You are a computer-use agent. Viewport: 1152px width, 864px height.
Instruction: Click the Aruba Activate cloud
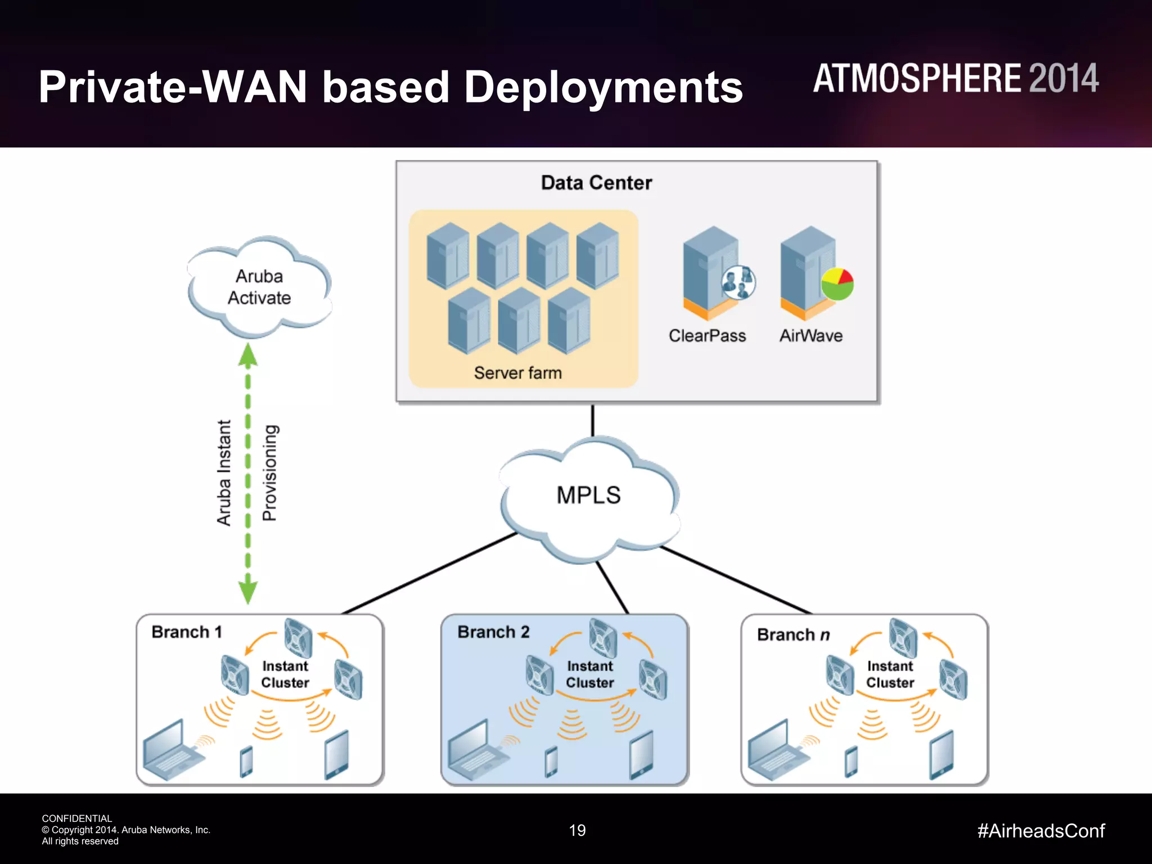(x=259, y=287)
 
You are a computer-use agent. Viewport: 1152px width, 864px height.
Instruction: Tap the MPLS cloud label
(x=588, y=495)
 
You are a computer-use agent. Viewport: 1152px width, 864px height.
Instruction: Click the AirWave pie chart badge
(x=837, y=284)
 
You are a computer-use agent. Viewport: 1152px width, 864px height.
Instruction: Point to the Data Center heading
(x=596, y=183)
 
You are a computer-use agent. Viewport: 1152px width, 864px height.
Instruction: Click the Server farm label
(x=517, y=372)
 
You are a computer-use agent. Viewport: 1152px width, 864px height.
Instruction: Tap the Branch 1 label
(x=187, y=632)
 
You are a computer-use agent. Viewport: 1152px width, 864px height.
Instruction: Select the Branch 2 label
(x=493, y=632)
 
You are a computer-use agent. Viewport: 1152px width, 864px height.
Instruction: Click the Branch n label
(x=793, y=634)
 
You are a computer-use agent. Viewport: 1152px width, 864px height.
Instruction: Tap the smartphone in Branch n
(x=852, y=762)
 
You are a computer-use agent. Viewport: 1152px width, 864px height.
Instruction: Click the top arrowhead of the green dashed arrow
(x=248, y=354)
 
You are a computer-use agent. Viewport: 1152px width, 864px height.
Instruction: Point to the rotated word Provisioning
(x=270, y=472)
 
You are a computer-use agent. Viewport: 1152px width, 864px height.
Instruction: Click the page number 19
(x=577, y=830)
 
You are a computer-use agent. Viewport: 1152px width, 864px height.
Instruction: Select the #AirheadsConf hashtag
(x=1041, y=831)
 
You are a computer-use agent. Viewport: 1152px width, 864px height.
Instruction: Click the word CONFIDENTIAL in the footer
(x=77, y=818)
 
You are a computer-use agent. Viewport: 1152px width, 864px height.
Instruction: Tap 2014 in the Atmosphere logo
(x=1063, y=79)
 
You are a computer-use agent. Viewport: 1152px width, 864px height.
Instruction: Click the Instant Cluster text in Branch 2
(x=589, y=674)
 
